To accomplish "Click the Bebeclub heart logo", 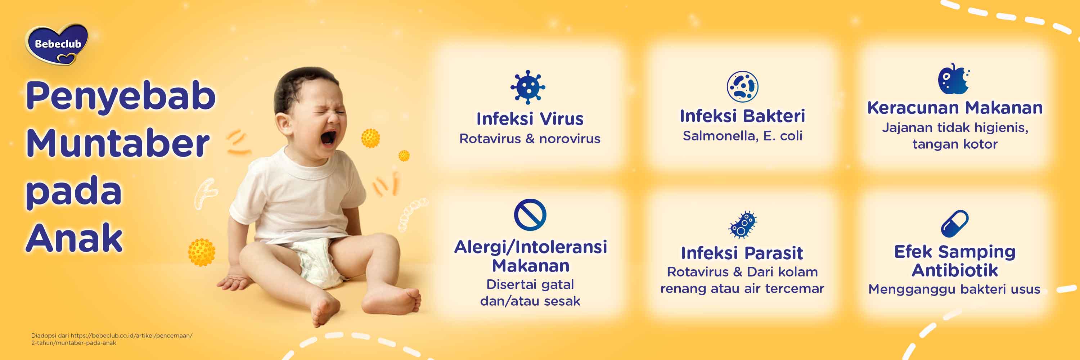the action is coord(57,44).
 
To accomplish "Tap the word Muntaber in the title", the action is coord(118,143).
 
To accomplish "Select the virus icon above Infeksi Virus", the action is coord(528,87).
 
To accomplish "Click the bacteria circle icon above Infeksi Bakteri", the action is coord(742,86).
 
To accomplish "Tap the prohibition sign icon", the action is coord(530,215).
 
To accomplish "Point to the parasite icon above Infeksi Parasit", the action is coord(742,225).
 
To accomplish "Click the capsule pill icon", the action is coord(955,223).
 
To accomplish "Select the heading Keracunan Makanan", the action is coord(955,108).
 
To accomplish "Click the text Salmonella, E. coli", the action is coord(742,136).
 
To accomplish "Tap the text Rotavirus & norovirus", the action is coord(530,139).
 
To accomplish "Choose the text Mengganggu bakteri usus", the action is coord(954,289).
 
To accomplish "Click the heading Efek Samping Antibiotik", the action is coord(955,261).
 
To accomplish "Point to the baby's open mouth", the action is coord(328,137).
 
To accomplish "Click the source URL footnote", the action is coord(112,339).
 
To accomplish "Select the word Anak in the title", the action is coord(74,238).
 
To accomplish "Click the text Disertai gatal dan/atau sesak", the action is coord(530,293).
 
